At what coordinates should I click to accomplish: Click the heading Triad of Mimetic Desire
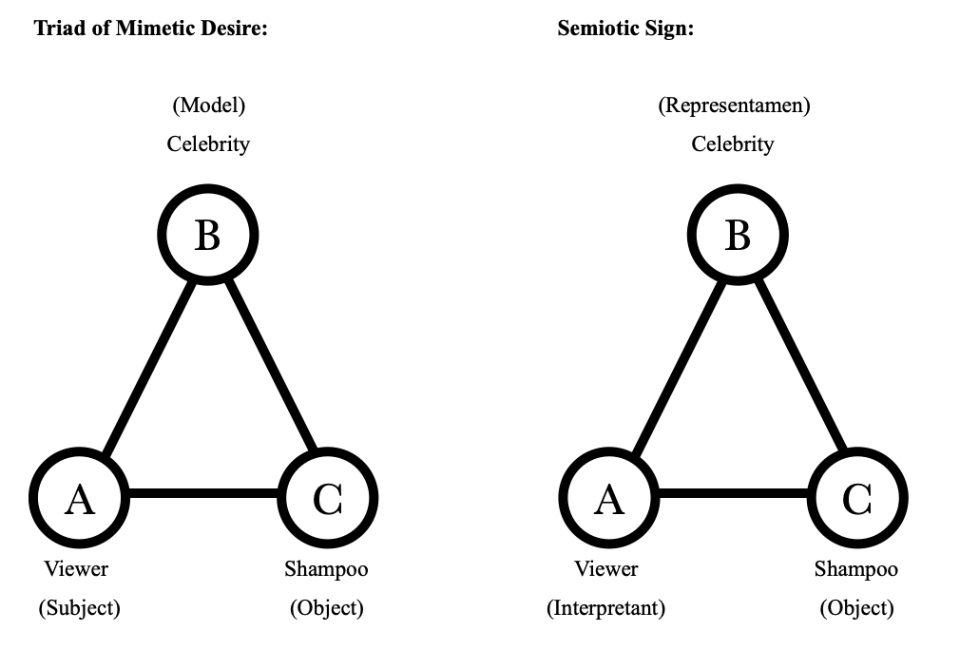pos(151,29)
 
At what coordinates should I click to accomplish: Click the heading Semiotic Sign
pos(625,29)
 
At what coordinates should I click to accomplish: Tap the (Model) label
pos(208,105)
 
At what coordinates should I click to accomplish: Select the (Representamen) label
pos(734,105)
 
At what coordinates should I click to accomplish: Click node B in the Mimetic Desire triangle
pos(207,235)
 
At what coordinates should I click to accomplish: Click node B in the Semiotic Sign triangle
pos(737,235)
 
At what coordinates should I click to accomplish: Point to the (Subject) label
pos(79,608)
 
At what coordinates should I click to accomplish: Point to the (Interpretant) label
pos(605,608)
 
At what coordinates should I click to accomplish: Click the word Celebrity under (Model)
pos(208,144)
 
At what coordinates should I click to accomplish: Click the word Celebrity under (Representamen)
pos(733,144)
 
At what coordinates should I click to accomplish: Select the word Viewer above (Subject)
pos(76,569)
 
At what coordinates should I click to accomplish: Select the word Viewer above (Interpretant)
pos(606,569)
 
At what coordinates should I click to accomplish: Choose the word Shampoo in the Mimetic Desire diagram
pos(326,569)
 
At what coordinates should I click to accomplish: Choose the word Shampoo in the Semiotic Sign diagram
pos(856,569)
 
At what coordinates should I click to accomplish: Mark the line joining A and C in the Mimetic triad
pos(203,494)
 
